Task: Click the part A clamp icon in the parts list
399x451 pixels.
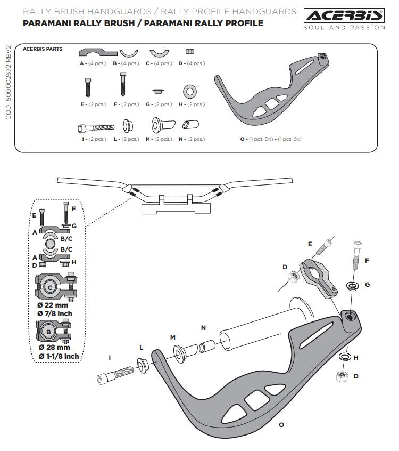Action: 98,52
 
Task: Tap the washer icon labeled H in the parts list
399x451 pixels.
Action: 189,90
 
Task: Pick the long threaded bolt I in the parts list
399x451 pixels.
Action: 97,127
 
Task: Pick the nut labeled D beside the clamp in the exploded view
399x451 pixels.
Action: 291,277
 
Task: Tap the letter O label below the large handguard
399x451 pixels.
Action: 281,425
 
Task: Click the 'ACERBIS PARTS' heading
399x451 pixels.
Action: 43,49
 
